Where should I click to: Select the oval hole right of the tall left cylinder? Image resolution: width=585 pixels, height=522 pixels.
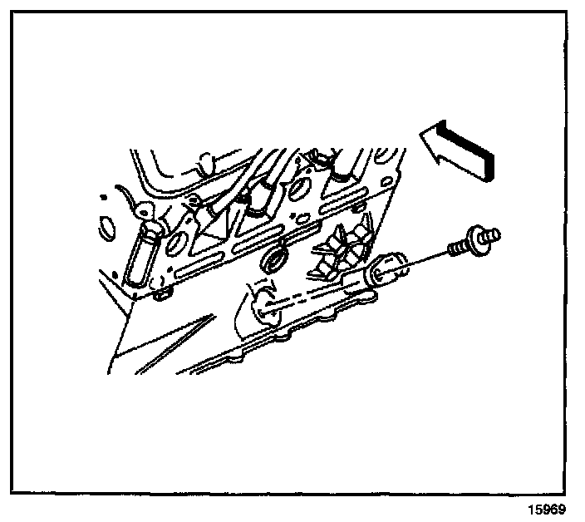click(x=178, y=243)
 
